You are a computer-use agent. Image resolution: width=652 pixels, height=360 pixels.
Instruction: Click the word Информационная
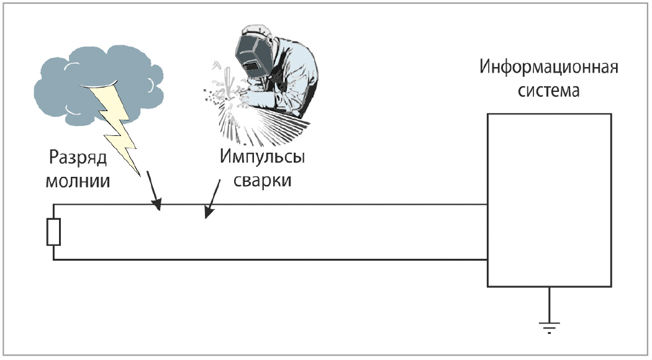(549, 67)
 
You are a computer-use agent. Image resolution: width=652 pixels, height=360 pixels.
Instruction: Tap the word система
(549, 92)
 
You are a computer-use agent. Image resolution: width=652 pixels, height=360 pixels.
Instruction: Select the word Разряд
(78, 158)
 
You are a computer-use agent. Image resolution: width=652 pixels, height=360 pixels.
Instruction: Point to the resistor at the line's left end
(53, 232)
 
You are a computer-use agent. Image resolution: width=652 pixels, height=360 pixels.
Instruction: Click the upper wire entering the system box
(373, 204)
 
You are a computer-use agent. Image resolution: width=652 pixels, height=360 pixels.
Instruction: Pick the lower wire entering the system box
(373, 260)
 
